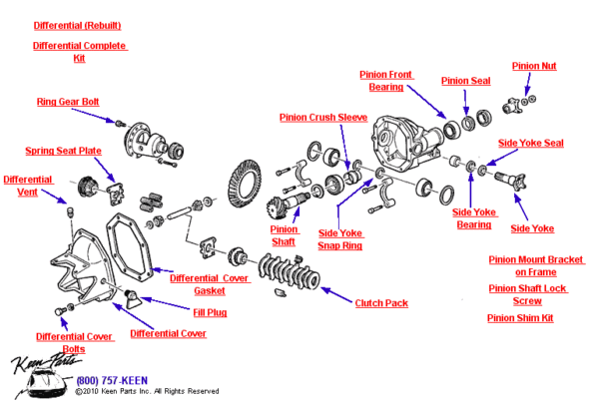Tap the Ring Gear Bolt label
68,102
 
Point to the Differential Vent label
28,186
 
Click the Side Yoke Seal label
530,143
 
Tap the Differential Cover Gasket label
210,284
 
